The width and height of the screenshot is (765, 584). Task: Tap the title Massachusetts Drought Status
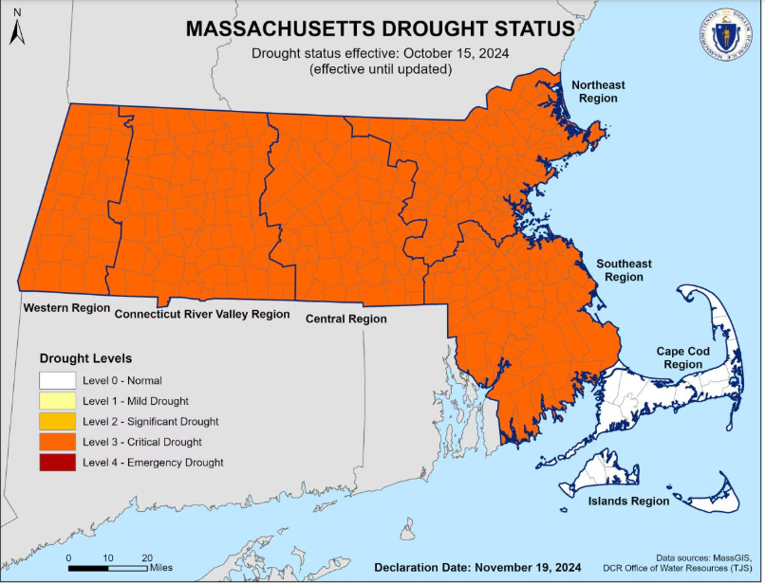pyautogui.click(x=380, y=28)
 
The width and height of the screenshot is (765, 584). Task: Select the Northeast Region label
pyautogui.click(x=598, y=92)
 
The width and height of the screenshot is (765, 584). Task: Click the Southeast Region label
pyautogui.click(x=624, y=270)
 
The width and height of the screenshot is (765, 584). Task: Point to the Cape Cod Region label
pyautogui.click(x=683, y=357)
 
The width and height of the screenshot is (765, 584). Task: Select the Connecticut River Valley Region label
pyautogui.click(x=202, y=314)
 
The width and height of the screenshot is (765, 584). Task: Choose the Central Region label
pyautogui.click(x=345, y=319)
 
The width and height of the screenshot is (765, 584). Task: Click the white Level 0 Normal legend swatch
pyautogui.click(x=58, y=380)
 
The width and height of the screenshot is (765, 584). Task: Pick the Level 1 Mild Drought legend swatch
pyautogui.click(x=58, y=401)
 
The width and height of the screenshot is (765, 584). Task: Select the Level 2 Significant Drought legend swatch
pyautogui.click(x=58, y=421)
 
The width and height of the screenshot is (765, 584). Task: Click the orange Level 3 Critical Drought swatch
pyautogui.click(x=58, y=442)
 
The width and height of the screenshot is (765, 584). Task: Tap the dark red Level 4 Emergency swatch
pyautogui.click(x=58, y=463)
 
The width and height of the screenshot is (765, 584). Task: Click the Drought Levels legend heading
pyautogui.click(x=85, y=358)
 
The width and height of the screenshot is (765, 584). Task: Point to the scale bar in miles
pyautogui.click(x=107, y=568)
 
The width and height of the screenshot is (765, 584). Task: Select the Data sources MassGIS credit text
pyautogui.click(x=708, y=557)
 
